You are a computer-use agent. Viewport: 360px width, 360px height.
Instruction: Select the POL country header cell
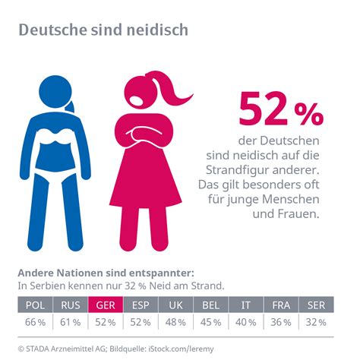tap(34, 305)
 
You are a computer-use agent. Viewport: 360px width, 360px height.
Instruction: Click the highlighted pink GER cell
tap(106, 305)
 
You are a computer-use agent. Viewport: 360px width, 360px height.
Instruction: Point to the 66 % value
tap(34, 322)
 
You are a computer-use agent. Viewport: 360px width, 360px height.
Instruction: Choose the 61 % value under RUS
tap(70, 322)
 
